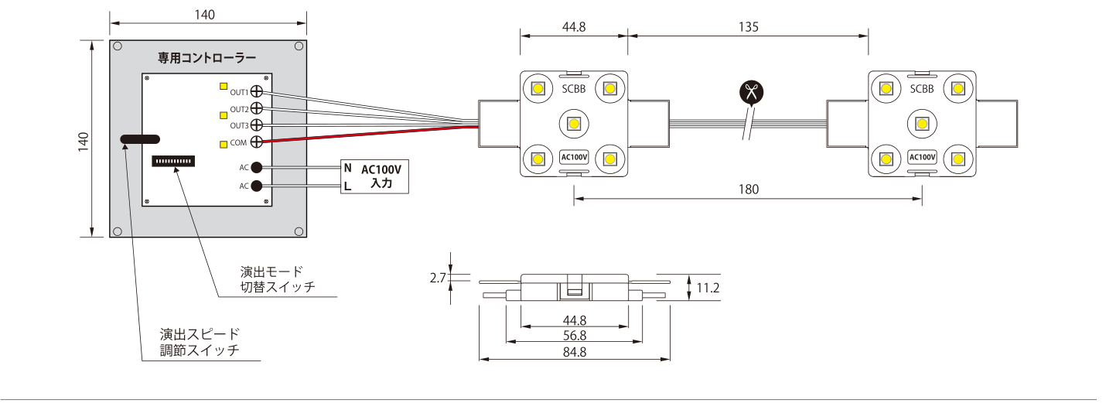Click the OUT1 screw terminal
point(256,91)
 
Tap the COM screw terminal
point(256,142)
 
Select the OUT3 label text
point(239,126)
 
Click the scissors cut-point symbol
point(751,92)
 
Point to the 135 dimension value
point(749,26)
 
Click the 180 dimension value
point(749,190)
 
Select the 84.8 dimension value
point(575,352)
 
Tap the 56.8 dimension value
point(575,336)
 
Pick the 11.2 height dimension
point(708,288)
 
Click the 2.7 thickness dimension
point(438,278)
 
